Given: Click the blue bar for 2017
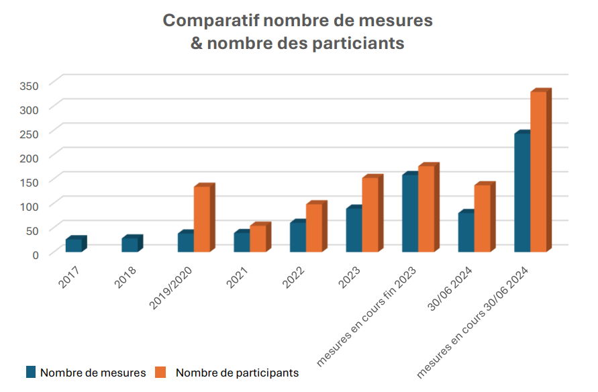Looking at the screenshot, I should (73, 246).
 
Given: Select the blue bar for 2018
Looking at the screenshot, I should (130, 245).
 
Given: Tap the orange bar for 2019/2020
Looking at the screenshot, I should (202, 219).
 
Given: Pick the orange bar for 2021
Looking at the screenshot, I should (258, 238).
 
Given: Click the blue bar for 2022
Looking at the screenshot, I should (298, 237).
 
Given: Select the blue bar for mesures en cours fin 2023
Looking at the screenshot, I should (410, 214).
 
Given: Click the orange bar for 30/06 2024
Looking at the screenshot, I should (482, 218).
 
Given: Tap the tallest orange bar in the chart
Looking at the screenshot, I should (538, 172).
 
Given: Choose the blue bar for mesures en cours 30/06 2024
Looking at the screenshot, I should (521, 193).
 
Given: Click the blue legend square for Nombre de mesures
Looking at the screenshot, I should (31, 371).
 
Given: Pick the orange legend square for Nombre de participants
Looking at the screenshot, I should (160, 371).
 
